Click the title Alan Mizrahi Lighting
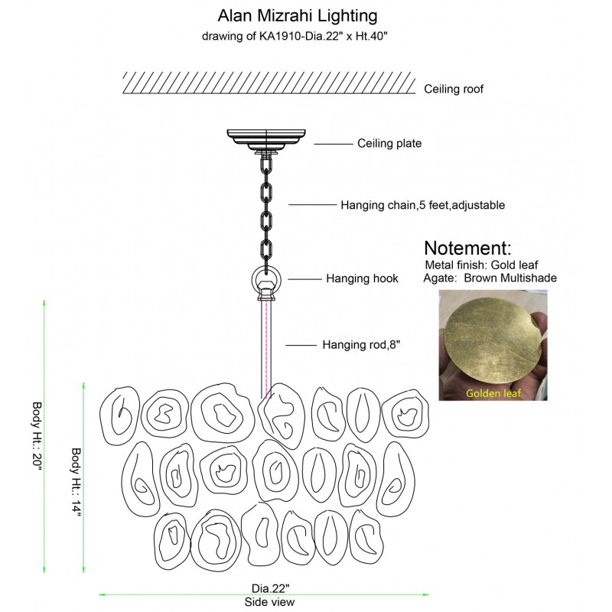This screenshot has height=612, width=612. click(297, 15)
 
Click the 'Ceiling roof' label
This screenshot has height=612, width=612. click(454, 90)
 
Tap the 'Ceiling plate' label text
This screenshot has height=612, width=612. click(389, 143)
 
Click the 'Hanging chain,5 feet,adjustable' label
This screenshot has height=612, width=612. click(422, 205)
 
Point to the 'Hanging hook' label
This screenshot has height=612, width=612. click(362, 278)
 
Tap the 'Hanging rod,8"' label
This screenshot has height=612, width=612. click(361, 345)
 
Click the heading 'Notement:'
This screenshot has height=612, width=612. click(467, 249)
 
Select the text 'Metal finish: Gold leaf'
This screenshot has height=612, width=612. click(481, 265)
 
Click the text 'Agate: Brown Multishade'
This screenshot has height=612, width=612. click(490, 278)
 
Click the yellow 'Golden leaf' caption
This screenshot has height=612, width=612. click(493, 394)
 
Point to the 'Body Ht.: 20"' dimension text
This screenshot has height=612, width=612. click(37, 436)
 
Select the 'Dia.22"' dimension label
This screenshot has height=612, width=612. click(270, 588)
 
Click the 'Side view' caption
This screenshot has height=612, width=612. click(269, 602)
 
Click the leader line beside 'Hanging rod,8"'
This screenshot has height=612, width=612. click(301, 346)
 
